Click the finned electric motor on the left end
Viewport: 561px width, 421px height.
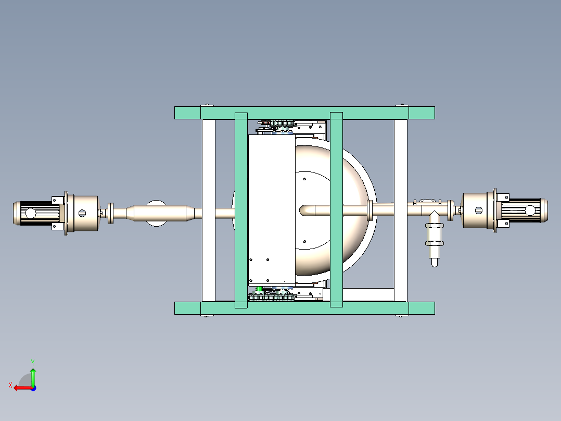pos(36,213)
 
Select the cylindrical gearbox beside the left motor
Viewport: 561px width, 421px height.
pos(83,213)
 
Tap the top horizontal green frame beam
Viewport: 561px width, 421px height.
pos(304,113)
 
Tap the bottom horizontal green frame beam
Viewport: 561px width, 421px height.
pos(304,308)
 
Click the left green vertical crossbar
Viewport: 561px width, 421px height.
pos(241,210)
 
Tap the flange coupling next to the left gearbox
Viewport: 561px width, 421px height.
pos(110,213)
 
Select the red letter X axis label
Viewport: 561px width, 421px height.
pos(10,386)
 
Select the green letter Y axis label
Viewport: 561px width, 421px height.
pos(33,362)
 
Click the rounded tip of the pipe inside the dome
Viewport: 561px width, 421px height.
pos(303,209)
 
